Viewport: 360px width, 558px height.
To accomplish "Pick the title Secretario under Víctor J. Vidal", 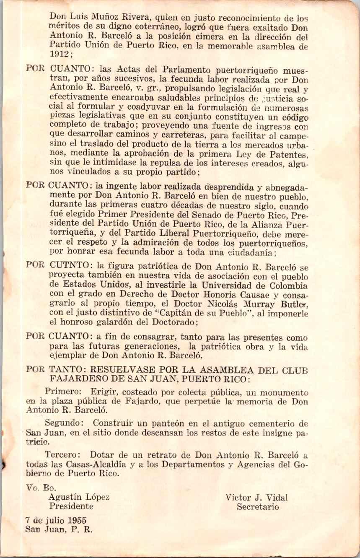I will click(258, 506).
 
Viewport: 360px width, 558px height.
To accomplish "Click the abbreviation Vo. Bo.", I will click(39, 488).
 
